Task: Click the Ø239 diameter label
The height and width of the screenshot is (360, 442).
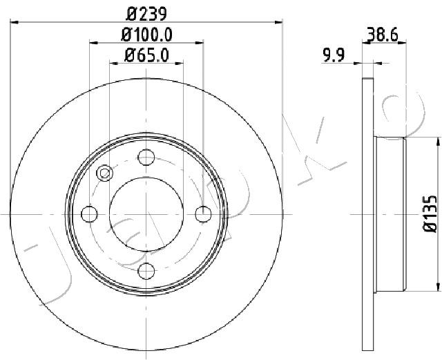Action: [x=146, y=12]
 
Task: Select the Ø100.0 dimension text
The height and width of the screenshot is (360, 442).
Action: [x=146, y=33]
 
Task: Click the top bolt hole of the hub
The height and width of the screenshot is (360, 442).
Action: [x=146, y=158]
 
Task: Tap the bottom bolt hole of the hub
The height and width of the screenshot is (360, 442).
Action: [x=146, y=271]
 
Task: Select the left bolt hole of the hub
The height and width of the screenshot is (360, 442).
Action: [x=90, y=214]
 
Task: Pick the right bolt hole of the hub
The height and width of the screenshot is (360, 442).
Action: [x=202, y=214]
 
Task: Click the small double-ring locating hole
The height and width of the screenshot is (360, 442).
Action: [x=105, y=173]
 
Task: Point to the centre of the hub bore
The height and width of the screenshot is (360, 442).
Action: [x=146, y=214]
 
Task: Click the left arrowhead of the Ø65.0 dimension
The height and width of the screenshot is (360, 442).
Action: [x=113, y=63]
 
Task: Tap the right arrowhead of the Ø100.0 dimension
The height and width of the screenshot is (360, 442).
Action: [x=200, y=43]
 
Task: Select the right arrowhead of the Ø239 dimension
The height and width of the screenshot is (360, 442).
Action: [x=279, y=21]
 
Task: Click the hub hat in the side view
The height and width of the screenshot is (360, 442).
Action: [x=391, y=214]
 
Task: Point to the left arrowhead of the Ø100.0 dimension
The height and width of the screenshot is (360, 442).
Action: [x=93, y=43]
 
